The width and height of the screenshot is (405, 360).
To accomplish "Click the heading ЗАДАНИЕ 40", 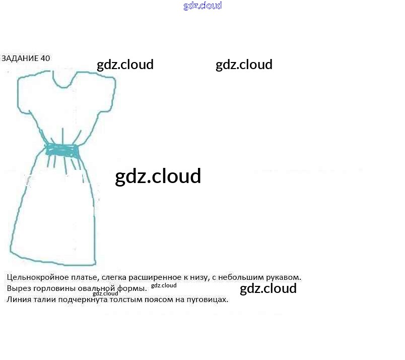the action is pyautogui.click(x=26, y=58).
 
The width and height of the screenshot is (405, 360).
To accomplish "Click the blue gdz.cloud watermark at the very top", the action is pyautogui.click(x=202, y=6).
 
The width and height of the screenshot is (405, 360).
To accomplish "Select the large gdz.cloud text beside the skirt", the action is pyautogui.click(x=158, y=176).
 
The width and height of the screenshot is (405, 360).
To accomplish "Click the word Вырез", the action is pyautogui.click(x=19, y=288).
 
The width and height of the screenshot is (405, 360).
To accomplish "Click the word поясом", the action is pyautogui.click(x=154, y=299).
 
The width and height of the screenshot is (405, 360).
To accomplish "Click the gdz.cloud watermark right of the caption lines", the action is pyautogui.click(x=268, y=289).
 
